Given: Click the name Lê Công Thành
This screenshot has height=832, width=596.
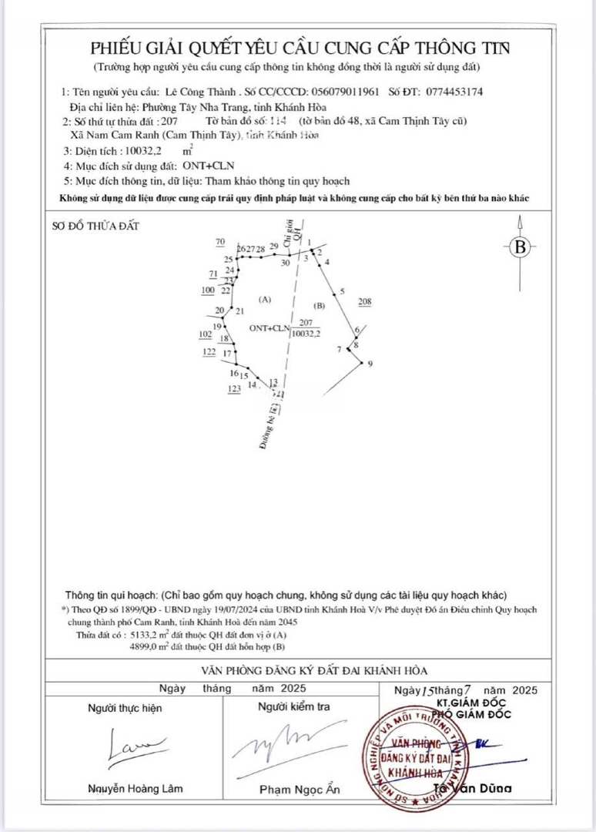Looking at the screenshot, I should point(204,91).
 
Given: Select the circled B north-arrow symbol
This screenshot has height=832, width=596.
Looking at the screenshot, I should point(521,247).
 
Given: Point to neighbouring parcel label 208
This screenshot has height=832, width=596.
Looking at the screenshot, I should point(365,303).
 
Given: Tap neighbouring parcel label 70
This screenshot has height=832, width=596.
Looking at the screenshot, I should point(220,242).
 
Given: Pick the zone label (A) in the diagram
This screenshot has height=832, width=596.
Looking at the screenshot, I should point(266,299).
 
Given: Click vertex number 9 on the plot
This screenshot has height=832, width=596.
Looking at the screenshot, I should point(370,364).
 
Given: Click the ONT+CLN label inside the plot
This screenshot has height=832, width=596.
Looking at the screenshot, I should point(268,327).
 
